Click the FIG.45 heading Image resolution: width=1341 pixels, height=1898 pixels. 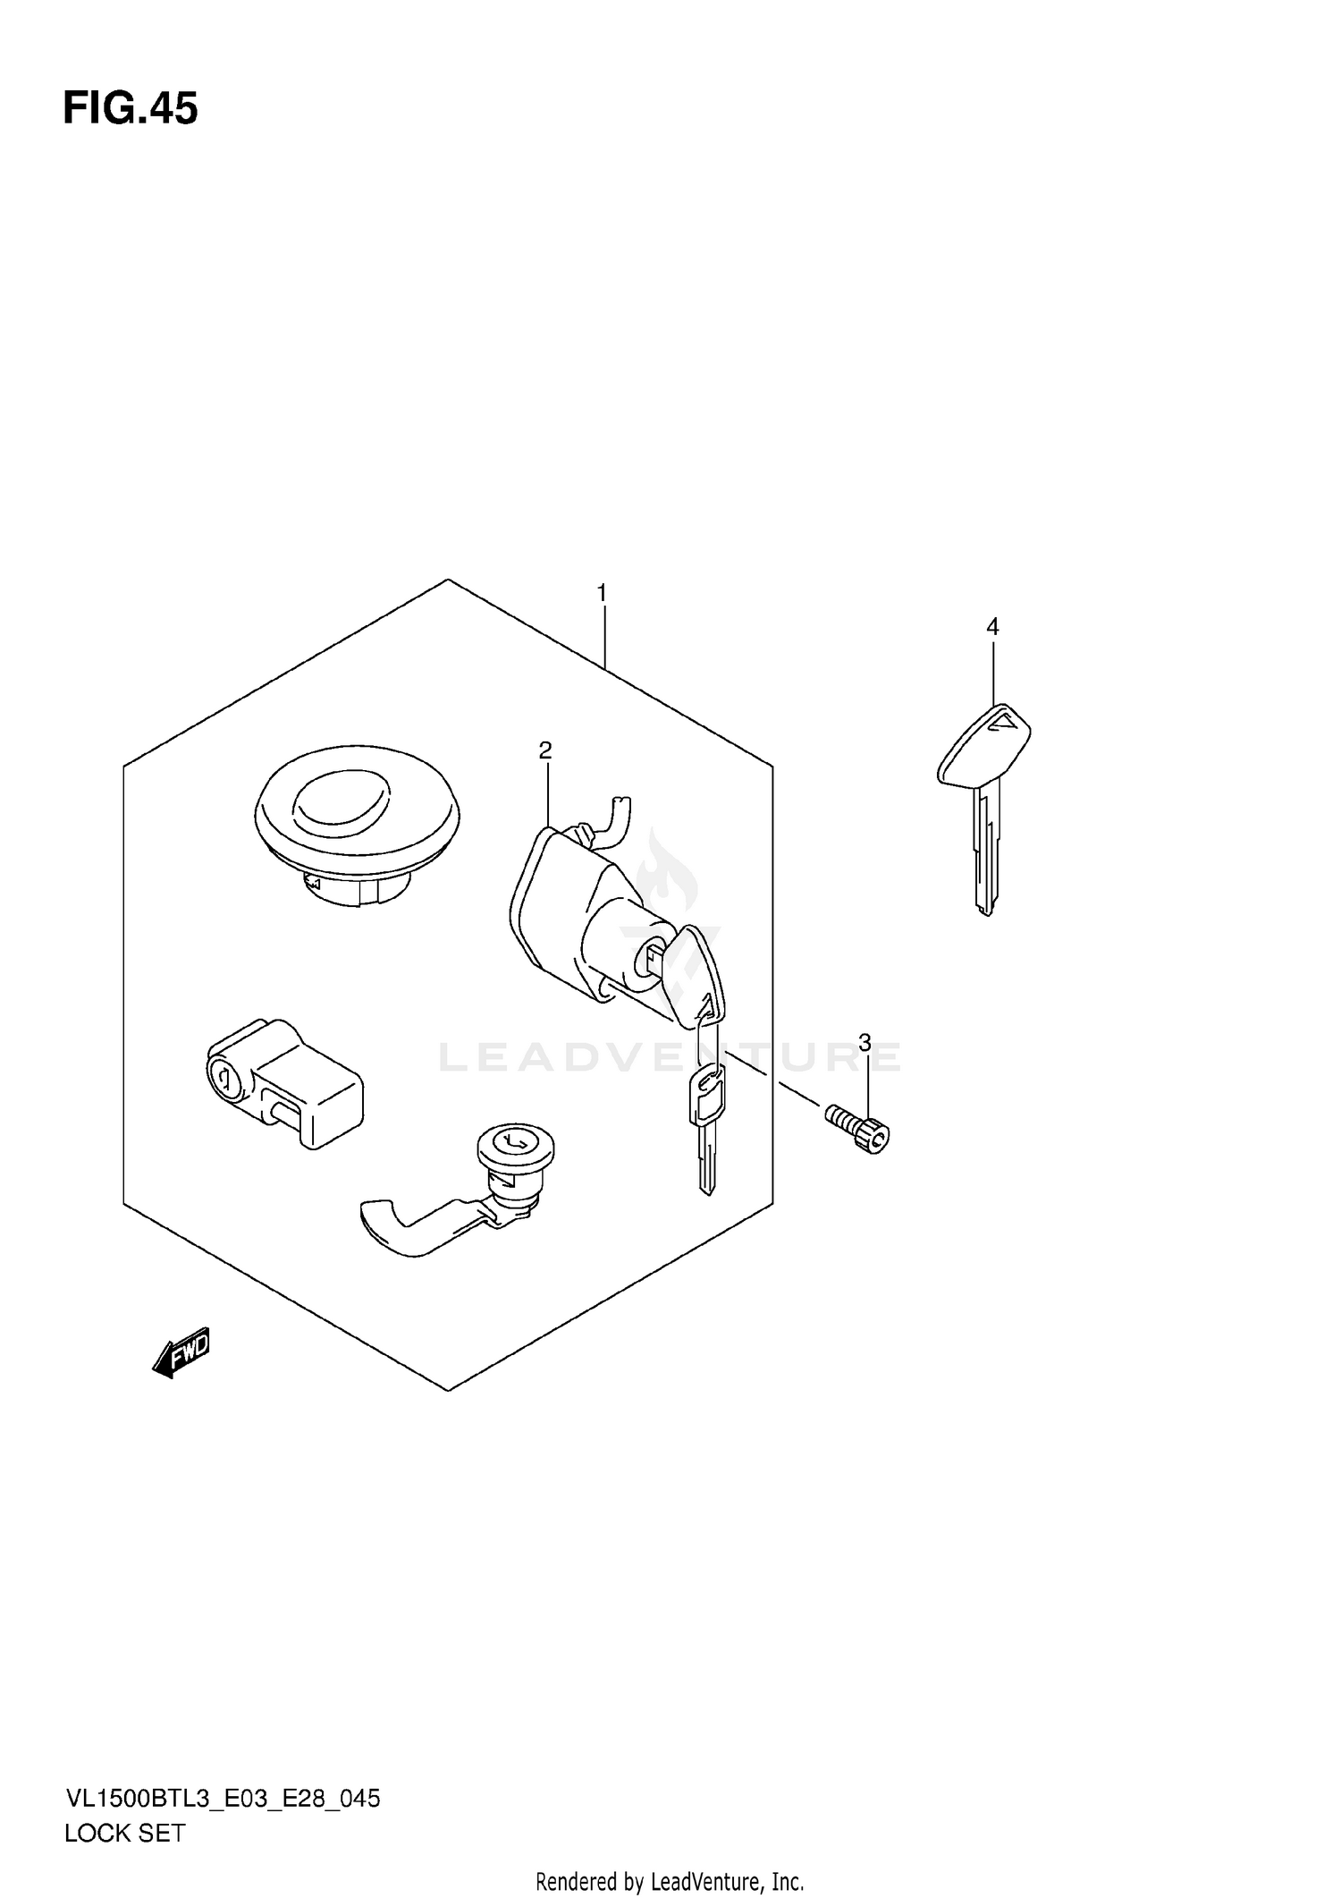pyautogui.click(x=131, y=109)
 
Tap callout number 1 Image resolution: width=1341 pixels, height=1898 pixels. pyautogui.click(x=603, y=593)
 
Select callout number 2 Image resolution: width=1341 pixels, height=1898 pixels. pyautogui.click(x=545, y=750)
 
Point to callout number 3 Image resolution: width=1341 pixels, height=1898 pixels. pyautogui.click(x=864, y=1042)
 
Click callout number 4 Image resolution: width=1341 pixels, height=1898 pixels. pyautogui.click(x=992, y=627)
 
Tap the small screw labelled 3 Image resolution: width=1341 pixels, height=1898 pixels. pyautogui.click(x=858, y=1129)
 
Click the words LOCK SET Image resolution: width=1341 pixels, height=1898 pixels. pyautogui.click(x=124, y=1833)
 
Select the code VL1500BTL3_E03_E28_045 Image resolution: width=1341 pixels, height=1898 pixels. pyautogui.click(x=223, y=1798)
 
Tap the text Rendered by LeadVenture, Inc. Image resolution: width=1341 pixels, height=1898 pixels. pyautogui.click(x=670, y=1881)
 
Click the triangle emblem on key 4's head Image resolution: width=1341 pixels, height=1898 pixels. pyautogui.click(x=1005, y=720)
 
